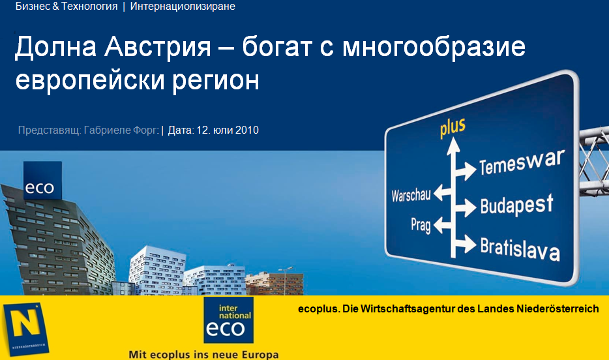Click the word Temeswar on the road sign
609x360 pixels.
[522, 162]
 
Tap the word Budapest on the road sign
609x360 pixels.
[516, 205]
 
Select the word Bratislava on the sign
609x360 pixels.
[520, 248]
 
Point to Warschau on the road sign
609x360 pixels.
[411, 196]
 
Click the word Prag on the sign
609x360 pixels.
[421, 225]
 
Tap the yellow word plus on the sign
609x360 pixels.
[453, 127]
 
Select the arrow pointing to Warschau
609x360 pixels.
[443, 192]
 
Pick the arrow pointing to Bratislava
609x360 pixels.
[466, 244]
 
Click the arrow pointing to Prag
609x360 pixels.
[443, 225]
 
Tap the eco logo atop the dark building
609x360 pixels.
[43, 181]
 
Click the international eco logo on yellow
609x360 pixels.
[228, 320]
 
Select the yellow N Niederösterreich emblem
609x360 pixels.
[25, 329]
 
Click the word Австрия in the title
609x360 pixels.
[158, 47]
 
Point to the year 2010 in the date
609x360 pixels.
[246, 130]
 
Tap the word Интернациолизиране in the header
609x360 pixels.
[183, 7]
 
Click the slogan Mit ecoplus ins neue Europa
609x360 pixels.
[203, 354]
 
